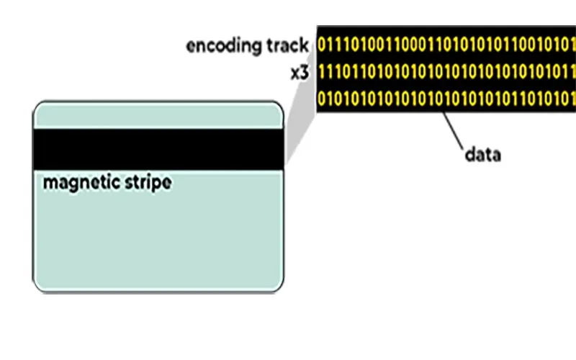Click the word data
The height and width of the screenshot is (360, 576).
point(482,154)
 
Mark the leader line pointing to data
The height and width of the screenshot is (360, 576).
point(454,129)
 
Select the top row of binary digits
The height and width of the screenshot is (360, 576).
point(446,45)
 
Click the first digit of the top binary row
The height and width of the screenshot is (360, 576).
point(321,45)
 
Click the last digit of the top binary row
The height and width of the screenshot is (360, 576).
point(572,45)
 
